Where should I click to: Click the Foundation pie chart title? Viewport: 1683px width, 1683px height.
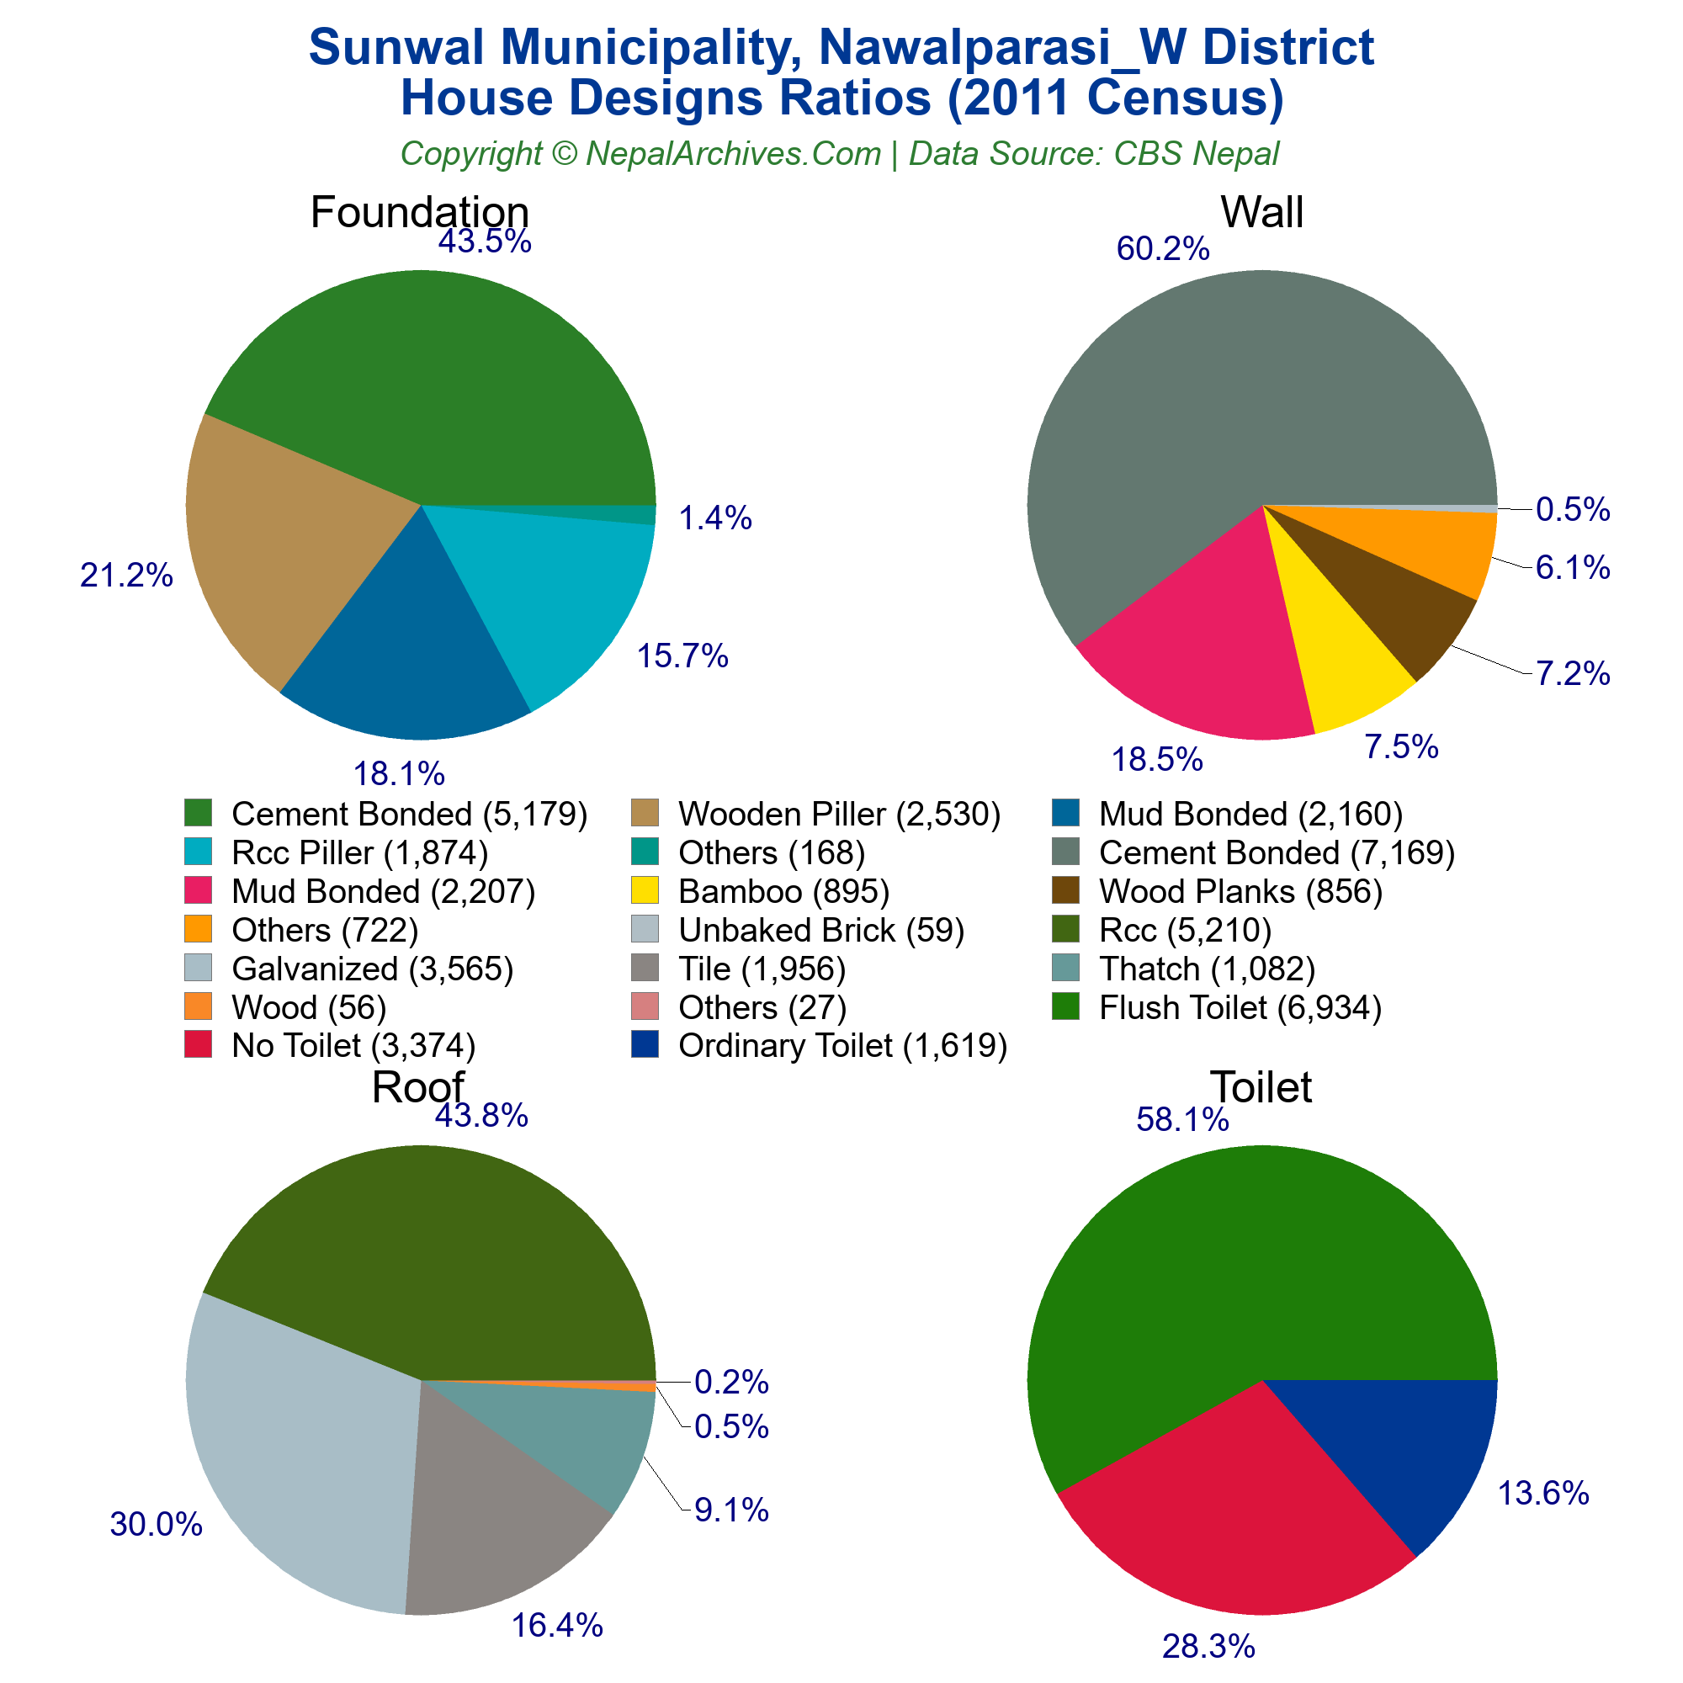pyautogui.click(x=419, y=213)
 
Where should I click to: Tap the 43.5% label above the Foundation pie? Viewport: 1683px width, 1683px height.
pyautogui.click(x=485, y=242)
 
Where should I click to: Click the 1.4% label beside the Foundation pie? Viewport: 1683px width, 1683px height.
pyautogui.click(x=714, y=518)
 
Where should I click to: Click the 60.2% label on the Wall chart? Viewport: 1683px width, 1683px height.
pyautogui.click(x=1163, y=249)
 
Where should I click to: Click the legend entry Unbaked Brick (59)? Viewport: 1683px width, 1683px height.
pyautogui.click(x=820, y=931)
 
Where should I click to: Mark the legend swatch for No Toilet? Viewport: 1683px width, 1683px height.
pyautogui.click(x=199, y=1044)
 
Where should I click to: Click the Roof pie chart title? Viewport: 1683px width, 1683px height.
pyautogui.click(x=417, y=1087)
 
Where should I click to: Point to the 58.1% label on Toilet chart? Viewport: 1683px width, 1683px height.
pyautogui.click(x=1182, y=1119)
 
